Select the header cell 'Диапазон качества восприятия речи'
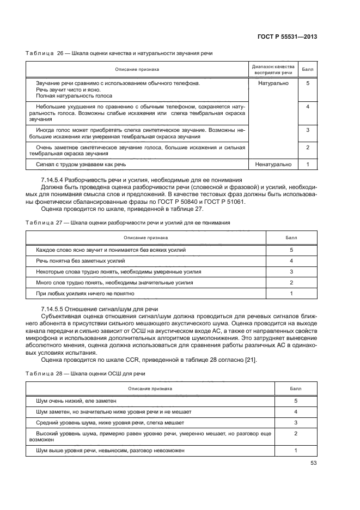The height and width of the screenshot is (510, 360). (x=273, y=69)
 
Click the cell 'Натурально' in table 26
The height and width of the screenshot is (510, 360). (x=273, y=83)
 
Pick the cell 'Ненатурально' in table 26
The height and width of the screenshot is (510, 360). (x=273, y=164)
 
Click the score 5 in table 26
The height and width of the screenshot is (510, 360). (x=308, y=83)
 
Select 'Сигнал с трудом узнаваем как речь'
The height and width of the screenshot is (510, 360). (x=81, y=164)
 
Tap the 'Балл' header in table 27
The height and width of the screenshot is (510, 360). (x=291, y=238)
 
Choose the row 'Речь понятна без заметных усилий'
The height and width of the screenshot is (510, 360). (x=81, y=261)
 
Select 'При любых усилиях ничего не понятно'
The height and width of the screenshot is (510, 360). (x=85, y=294)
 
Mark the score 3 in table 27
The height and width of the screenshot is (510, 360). (x=291, y=272)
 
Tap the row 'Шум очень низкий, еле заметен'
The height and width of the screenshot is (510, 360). (x=76, y=400)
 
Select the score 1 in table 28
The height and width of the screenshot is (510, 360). (x=295, y=451)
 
